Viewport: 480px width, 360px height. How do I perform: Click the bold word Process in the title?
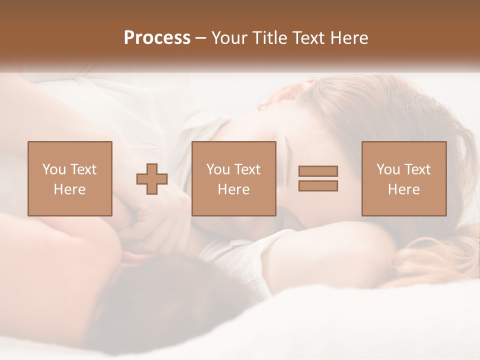[157, 38]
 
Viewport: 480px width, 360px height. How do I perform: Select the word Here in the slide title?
[345, 38]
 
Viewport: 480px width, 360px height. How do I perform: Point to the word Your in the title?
[229, 38]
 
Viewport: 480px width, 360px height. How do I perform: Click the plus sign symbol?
[152, 179]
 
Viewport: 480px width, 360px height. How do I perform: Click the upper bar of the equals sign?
[318, 171]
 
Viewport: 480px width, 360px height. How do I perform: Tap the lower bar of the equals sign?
[318, 185]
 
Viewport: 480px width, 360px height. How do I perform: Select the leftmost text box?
[69, 178]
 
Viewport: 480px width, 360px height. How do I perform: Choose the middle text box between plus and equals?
[233, 178]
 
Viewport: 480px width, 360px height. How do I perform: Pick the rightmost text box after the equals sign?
[404, 178]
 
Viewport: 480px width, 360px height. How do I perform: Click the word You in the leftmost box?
[54, 169]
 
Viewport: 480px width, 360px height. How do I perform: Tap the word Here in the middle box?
[233, 189]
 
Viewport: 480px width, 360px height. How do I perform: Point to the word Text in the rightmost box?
[417, 169]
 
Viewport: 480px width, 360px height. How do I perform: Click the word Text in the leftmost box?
[83, 169]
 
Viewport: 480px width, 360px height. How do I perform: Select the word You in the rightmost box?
[388, 169]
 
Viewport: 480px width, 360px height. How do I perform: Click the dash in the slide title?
[200, 38]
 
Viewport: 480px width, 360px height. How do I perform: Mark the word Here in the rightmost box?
[404, 189]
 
